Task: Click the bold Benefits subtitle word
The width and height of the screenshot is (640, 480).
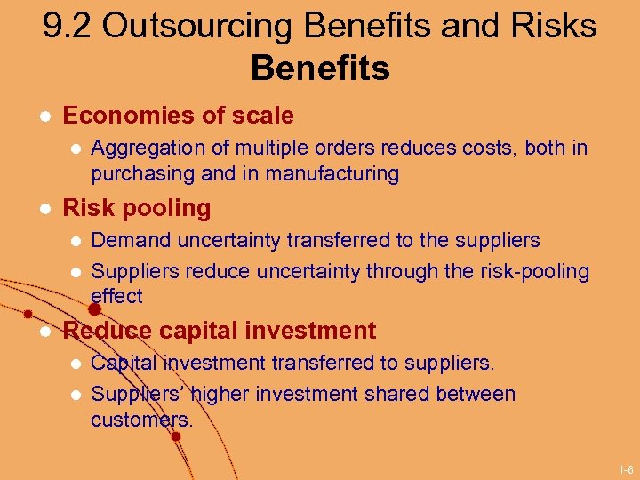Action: click(x=320, y=68)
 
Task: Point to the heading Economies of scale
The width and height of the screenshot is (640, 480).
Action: click(x=178, y=116)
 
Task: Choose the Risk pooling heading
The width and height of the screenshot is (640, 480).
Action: click(x=137, y=208)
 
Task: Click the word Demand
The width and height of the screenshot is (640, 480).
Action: click(x=131, y=240)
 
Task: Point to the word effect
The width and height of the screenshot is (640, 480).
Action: click(x=116, y=295)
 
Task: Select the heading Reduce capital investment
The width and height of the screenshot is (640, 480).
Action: click(x=220, y=331)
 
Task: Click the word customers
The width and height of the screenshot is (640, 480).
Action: click(x=141, y=419)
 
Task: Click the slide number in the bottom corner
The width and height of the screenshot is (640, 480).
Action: click(x=626, y=468)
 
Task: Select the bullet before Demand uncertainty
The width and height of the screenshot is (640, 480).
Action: click(x=75, y=241)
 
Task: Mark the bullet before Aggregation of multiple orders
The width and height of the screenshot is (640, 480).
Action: click(x=75, y=148)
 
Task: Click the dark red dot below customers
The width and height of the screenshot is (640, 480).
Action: click(x=176, y=436)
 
